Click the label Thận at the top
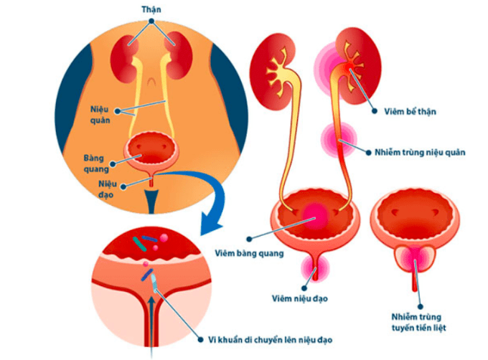coord(150,8)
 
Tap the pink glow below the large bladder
coord(315,267)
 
